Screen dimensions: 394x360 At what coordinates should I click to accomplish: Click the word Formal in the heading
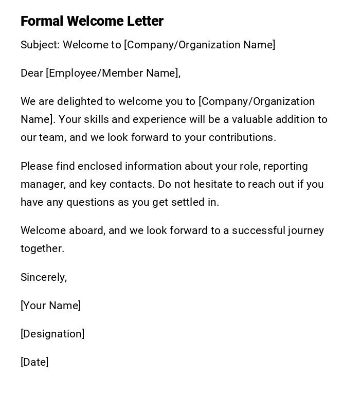pyautogui.click(x=42, y=21)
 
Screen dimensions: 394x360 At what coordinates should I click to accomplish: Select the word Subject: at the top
pyautogui.click(x=40, y=45)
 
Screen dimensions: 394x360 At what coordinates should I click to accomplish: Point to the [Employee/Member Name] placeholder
pyautogui.click(x=113, y=73)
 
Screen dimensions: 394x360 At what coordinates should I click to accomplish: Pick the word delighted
pyautogui.click(x=79, y=101)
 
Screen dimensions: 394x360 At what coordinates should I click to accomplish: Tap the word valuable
pyautogui.click(x=252, y=119)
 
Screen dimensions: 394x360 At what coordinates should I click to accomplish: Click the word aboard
pyautogui.click(x=86, y=230)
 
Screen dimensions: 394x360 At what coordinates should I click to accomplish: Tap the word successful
pyautogui.click(x=258, y=230)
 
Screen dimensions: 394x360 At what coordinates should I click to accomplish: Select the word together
pyautogui.click(x=42, y=248)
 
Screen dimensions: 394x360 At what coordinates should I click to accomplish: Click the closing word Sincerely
pyautogui.click(x=44, y=277)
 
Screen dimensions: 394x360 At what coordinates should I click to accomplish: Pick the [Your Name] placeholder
pyautogui.click(x=50, y=306)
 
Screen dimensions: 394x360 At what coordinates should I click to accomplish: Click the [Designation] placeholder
pyautogui.click(x=52, y=334)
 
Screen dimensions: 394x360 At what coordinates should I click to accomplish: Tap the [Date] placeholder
pyautogui.click(x=34, y=362)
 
